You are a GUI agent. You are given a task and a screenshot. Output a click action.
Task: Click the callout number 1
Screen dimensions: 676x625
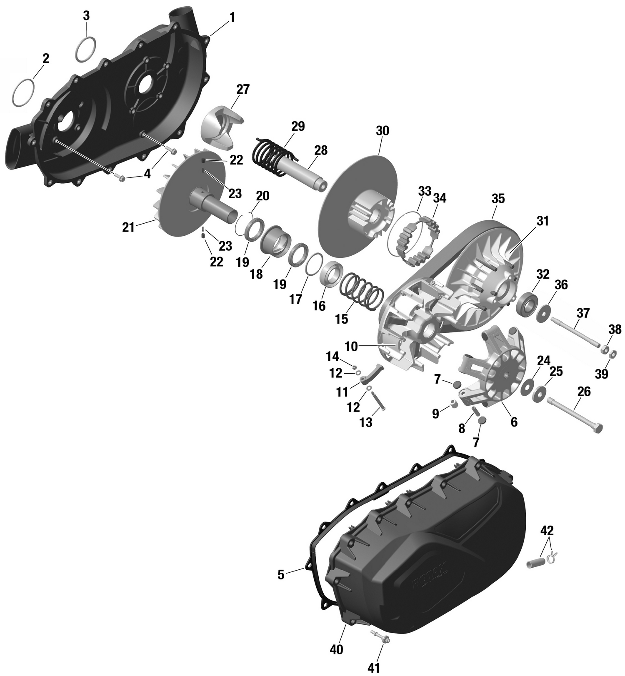point(232,17)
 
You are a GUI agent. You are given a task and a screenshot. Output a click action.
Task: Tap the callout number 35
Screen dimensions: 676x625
point(498,199)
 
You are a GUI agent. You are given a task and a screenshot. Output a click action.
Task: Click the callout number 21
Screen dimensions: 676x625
point(128,227)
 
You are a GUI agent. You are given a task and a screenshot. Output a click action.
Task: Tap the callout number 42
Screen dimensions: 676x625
point(547,531)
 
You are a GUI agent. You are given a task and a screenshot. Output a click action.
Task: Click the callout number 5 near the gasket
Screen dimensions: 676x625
point(281,575)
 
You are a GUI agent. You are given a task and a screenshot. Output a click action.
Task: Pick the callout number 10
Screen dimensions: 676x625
point(351,347)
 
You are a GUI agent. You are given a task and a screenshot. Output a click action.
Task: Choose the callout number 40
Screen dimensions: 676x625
point(336,649)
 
